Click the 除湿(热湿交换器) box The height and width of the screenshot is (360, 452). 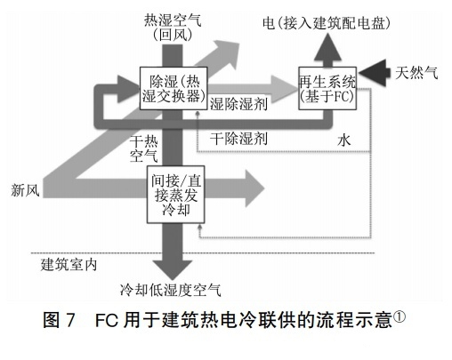pyautogui.click(x=174, y=88)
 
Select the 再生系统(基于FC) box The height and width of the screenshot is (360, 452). pyautogui.click(x=327, y=88)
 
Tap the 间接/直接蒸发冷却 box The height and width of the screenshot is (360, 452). pyautogui.click(x=176, y=195)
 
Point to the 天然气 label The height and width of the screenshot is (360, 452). pyautogui.click(x=416, y=73)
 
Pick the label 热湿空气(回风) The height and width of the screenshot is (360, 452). pyautogui.click(x=173, y=28)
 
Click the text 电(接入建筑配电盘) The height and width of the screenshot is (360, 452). pyautogui.click(x=327, y=23)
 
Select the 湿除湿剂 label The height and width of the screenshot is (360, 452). pyautogui.click(x=238, y=104)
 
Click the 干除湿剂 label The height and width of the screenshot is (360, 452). pyautogui.click(x=238, y=139)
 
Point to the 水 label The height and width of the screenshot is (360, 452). pyautogui.click(x=344, y=140)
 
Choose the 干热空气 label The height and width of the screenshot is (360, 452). pyautogui.click(x=143, y=149)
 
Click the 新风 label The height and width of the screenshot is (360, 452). pyautogui.click(x=25, y=189)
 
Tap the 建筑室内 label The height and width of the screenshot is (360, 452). pyautogui.click(x=69, y=265)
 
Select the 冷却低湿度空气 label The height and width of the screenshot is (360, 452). pyautogui.click(x=171, y=290)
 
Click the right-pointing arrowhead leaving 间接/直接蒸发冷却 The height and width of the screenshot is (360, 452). pyautogui.click(x=254, y=188)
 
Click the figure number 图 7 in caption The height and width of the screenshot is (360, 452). pyautogui.click(x=59, y=320)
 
